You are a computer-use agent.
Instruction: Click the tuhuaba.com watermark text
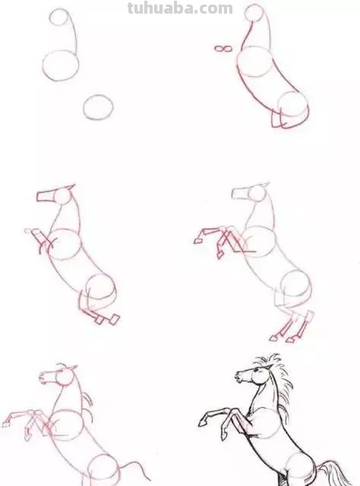(180, 8)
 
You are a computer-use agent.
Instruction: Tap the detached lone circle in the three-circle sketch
(98, 107)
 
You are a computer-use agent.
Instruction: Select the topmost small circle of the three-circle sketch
(61, 17)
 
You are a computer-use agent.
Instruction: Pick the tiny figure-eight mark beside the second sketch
(222, 49)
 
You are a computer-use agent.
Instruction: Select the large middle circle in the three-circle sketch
(60, 65)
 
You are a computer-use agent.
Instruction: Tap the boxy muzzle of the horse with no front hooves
(45, 196)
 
